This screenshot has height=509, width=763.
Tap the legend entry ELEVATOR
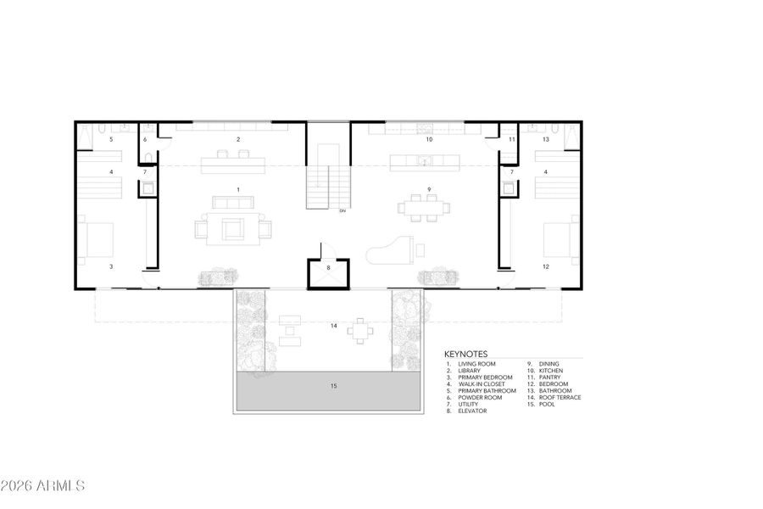tap(473, 411)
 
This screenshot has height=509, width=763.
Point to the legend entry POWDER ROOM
tap(480, 397)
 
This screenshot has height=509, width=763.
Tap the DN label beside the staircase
tap(342, 210)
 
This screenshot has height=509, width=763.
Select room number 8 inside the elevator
tap(330, 268)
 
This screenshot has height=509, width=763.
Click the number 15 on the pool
tap(332, 386)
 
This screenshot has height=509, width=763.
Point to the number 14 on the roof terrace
tap(334, 325)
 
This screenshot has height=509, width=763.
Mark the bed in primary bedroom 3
tap(97, 238)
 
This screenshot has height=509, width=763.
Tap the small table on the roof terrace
tap(362, 331)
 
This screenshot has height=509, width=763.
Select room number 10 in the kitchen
tap(429, 138)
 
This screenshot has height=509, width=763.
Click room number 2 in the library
tap(238, 138)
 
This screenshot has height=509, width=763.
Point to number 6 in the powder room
tap(145, 139)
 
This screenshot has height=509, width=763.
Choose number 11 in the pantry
tap(512, 139)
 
